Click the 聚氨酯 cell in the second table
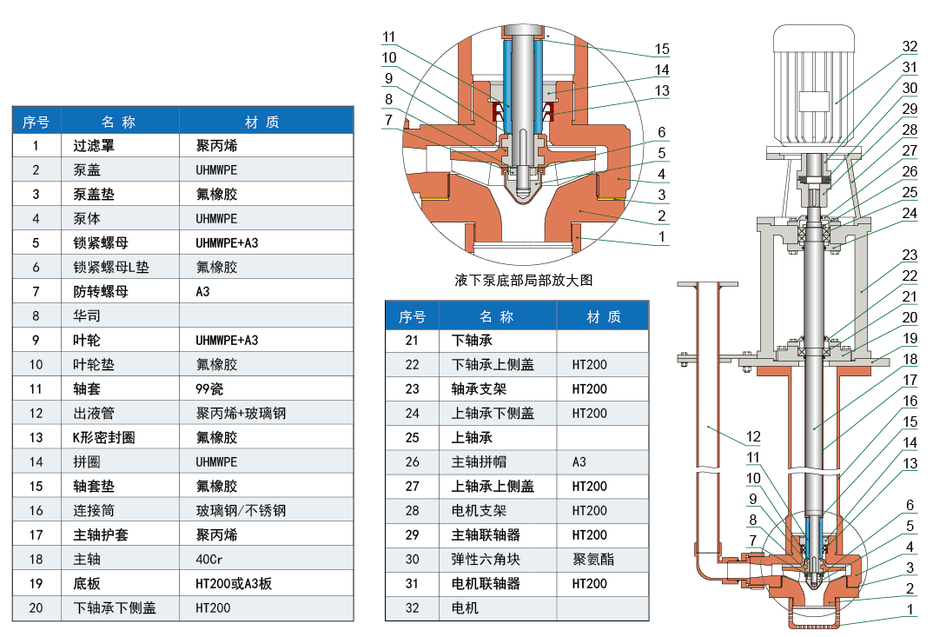tap(593, 560)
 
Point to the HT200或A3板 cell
tap(234, 584)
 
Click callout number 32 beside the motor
tap(910, 46)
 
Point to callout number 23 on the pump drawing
tap(910, 255)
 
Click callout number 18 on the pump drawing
tap(910, 359)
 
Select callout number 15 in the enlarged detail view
tap(662, 49)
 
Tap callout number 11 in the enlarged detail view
tap(388, 37)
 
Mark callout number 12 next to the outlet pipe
tap(753, 436)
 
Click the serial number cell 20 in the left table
tap(36, 608)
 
